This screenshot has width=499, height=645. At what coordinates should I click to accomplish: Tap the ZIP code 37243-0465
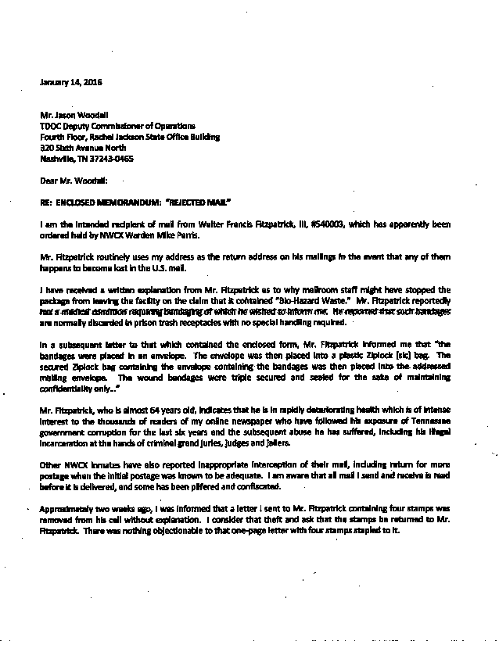tap(111, 158)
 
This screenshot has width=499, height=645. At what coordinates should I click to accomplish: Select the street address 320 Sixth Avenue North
tap(81, 147)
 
